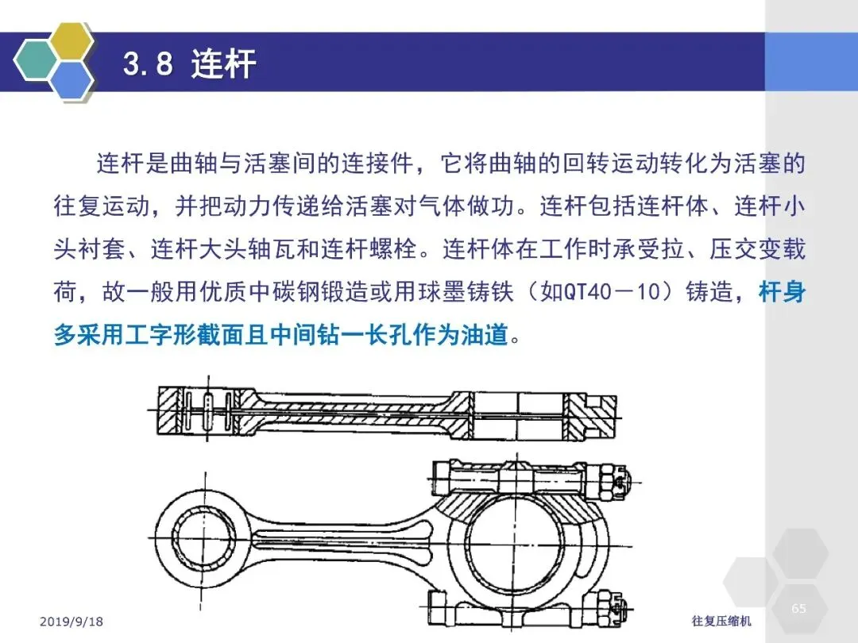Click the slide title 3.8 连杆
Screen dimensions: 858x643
(x=189, y=64)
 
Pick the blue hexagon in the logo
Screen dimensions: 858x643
(x=71, y=79)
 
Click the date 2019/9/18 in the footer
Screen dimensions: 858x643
(x=71, y=622)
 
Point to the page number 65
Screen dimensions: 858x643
(x=798, y=608)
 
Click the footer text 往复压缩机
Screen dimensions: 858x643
(x=721, y=621)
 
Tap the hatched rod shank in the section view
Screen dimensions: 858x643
(x=353, y=410)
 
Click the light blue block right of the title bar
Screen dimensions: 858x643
(x=811, y=62)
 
